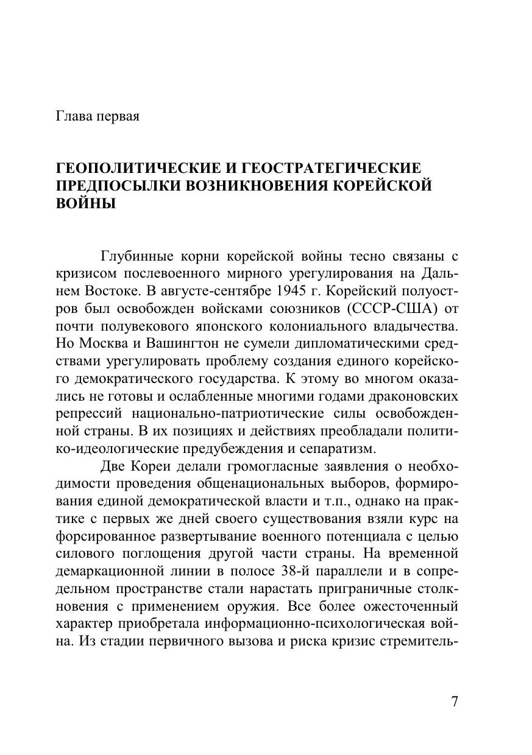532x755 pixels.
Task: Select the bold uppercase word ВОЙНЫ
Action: (x=85, y=203)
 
